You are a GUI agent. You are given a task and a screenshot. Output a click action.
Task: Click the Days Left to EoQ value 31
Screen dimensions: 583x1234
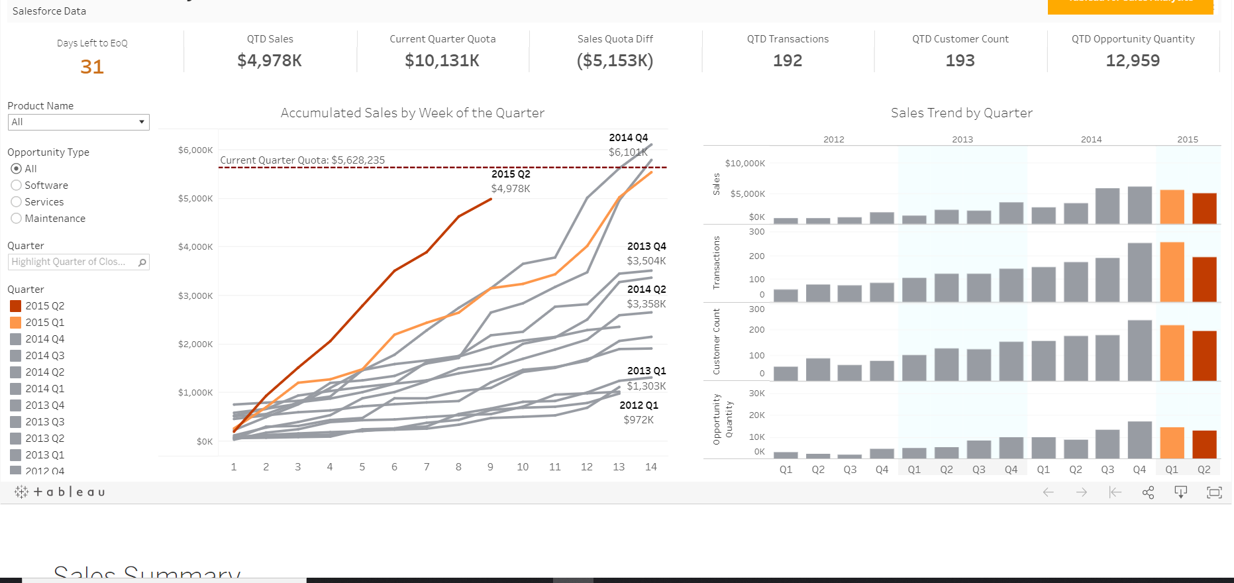[92, 67]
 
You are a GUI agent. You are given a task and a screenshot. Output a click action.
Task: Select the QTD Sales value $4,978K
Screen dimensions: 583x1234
[270, 61]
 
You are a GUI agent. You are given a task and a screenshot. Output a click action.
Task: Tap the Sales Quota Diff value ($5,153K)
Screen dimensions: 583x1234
[615, 61]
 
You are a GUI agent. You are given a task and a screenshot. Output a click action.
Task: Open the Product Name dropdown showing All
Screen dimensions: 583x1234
[78, 122]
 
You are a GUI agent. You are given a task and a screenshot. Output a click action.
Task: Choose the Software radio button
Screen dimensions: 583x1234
[17, 185]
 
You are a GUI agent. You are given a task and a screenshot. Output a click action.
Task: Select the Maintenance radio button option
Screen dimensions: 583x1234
[17, 219]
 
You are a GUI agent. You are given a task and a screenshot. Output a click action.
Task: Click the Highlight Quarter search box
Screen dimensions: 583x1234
[73, 262]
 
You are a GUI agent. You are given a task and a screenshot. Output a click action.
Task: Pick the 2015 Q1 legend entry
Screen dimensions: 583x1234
[44, 323]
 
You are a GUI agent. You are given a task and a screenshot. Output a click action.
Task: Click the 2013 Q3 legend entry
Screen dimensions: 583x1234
[44, 422]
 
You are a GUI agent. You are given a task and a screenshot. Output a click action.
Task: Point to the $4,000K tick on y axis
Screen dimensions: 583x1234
[195, 247]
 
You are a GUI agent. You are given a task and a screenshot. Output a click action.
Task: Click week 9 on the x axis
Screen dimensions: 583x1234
[490, 467]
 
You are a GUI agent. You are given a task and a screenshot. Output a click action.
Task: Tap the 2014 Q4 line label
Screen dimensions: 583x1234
[628, 138]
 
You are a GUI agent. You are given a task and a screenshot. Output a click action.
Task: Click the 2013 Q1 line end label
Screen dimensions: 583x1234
[646, 371]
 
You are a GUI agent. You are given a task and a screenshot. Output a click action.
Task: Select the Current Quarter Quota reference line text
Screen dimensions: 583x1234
[302, 160]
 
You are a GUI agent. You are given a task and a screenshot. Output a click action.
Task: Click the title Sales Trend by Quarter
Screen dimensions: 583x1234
[961, 113]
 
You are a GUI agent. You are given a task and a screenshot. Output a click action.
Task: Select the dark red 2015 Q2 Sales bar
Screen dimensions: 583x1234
[1204, 208]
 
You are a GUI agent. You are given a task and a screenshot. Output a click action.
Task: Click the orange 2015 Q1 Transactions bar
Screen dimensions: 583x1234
[1172, 272]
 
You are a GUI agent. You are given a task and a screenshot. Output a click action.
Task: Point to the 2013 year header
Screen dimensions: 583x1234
[962, 140]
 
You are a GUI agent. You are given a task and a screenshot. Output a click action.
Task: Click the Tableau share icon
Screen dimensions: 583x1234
[1148, 492]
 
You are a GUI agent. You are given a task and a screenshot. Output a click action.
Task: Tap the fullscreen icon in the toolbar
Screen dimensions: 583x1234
[1213, 492]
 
